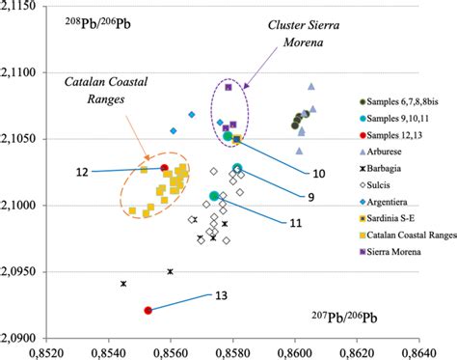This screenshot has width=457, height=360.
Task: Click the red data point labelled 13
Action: coord(148,311)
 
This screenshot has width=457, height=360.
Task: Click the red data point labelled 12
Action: coord(165,168)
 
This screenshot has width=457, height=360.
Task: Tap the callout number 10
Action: coord(319,174)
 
